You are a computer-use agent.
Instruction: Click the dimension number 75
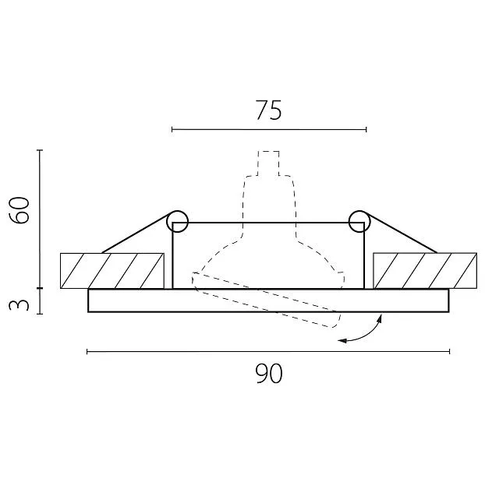tap(269, 110)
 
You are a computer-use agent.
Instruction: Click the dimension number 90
tap(269, 374)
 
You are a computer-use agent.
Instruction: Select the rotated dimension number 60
tap(19, 210)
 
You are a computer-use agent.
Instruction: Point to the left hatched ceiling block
tap(112, 271)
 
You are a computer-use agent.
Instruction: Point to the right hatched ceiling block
tap(425, 271)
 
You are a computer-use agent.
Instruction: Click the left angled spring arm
tap(137, 233)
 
